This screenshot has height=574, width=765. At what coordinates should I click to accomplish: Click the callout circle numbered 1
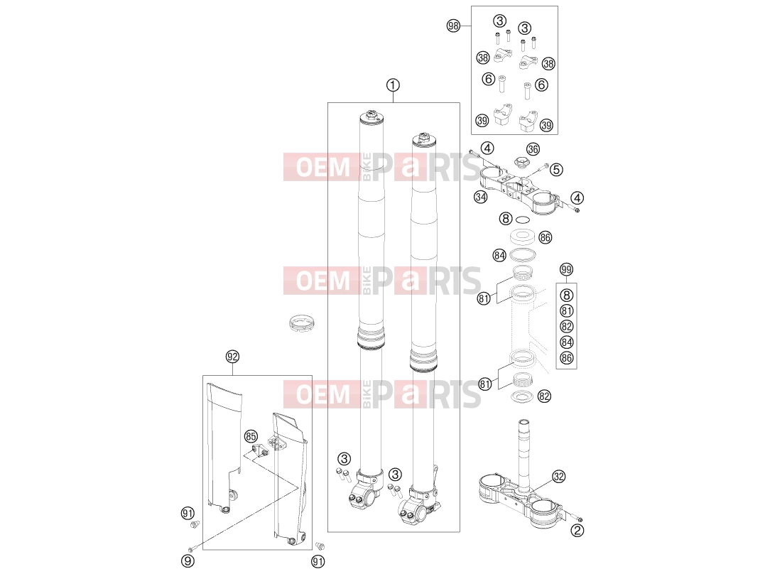(393, 85)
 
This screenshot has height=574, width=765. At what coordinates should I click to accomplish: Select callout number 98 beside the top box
(453, 26)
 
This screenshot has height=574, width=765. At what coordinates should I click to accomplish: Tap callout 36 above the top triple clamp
(533, 149)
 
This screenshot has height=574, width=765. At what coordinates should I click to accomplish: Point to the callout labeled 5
(556, 169)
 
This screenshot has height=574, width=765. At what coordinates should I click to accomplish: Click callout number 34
(481, 197)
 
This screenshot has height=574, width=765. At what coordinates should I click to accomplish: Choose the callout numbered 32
(558, 477)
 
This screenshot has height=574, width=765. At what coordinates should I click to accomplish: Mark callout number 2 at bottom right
(577, 530)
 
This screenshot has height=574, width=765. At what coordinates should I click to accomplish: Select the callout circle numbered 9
(188, 561)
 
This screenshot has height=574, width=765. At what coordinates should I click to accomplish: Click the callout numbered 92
(233, 357)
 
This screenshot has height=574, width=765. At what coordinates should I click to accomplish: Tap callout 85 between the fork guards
(251, 436)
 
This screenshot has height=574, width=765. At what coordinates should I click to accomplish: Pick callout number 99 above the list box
(566, 269)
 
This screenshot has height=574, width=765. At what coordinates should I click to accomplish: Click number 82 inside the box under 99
(566, 327)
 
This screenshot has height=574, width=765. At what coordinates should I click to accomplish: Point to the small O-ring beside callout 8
(523, 219)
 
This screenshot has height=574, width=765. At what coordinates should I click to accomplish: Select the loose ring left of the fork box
(302, 323)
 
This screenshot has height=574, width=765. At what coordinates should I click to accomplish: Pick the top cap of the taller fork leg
(371, 117)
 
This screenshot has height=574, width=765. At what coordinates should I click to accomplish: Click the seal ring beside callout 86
(523, 237)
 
